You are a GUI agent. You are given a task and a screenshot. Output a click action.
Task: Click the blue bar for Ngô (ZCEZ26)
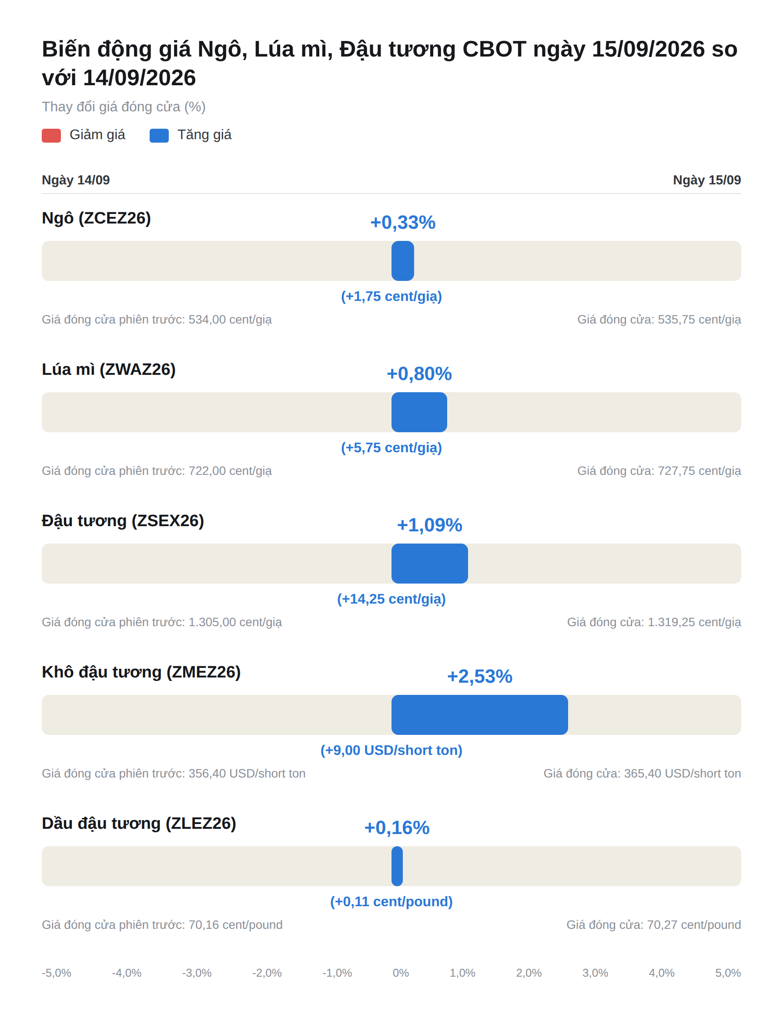pos(403,261)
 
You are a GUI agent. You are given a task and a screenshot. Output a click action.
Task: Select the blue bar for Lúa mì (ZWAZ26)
pos(419,412)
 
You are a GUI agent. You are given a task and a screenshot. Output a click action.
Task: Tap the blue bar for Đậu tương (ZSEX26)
pos(430,564)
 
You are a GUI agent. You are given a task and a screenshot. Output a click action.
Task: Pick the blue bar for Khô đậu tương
pos(479,715)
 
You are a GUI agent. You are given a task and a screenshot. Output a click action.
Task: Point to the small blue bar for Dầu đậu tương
pos(397,866)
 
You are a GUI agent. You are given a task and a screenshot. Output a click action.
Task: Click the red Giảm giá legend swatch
pos(51,136)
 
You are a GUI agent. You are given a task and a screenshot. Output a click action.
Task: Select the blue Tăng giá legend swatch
pos(159,136)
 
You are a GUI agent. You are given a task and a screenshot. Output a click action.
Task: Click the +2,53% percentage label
pos(479,676)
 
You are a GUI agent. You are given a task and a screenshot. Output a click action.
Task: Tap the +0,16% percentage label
pos(397,827)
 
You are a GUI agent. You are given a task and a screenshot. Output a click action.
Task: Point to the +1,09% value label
pos(429,525)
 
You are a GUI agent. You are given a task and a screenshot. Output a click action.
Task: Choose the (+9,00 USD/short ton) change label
pos(391,751)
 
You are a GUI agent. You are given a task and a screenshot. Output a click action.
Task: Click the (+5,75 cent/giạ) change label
pos(391,447)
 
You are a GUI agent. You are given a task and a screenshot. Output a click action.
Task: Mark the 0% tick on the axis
pos(401,973)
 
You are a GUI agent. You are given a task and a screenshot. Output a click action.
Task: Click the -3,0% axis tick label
pos(197,973)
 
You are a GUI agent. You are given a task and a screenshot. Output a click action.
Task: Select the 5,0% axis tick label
pos(728,973)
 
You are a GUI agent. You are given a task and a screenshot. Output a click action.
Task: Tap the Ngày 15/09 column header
pos(707,180)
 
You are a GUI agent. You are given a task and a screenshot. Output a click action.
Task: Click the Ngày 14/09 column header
pos(76,180)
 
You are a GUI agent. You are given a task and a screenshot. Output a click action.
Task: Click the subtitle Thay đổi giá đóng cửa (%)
pos(124,107)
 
